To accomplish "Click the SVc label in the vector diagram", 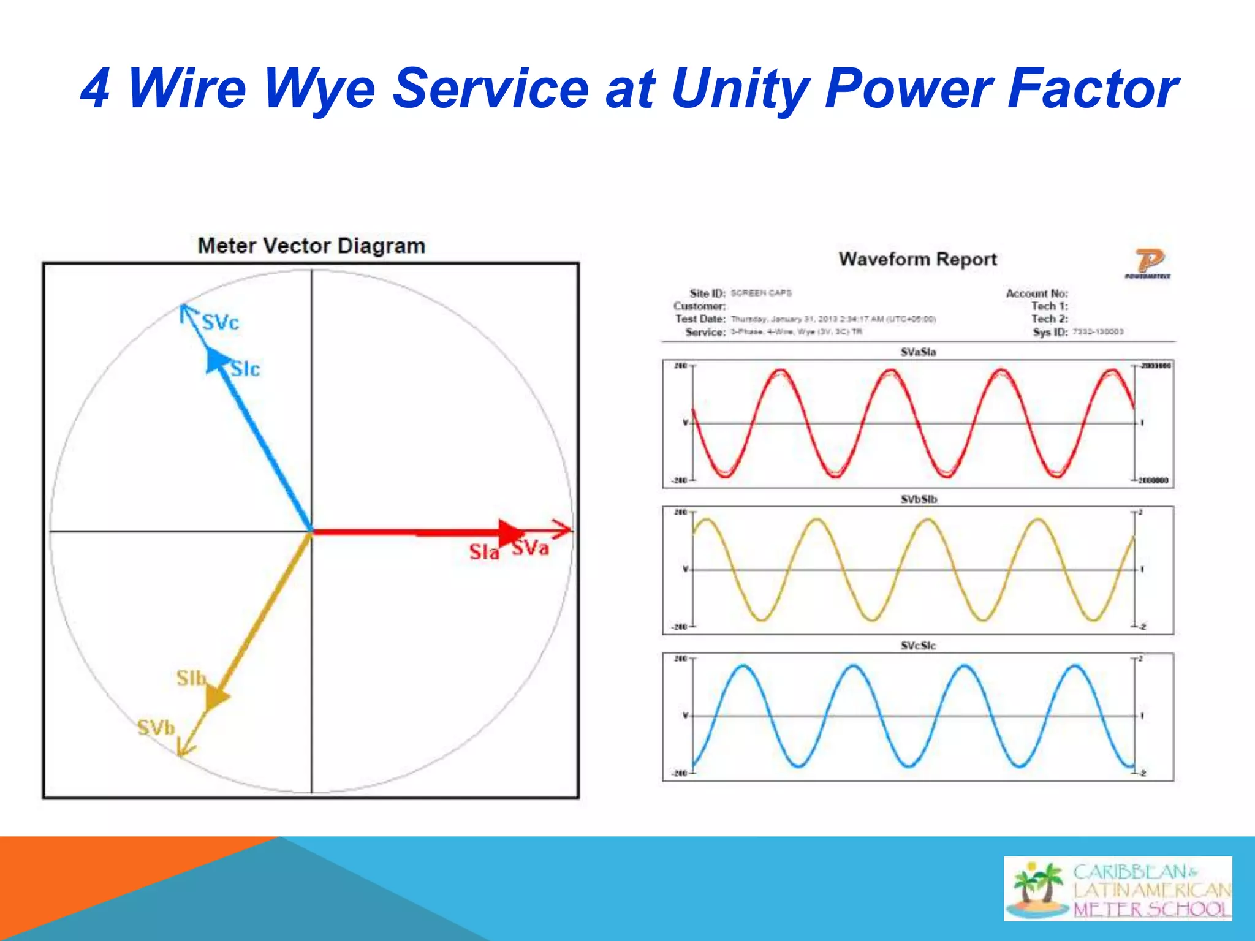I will pos(221,322).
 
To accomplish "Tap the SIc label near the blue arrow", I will pos(246,369).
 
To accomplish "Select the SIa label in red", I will pos(484,552).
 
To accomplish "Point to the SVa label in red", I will pos(531,548).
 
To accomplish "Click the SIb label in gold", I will pos(191,678).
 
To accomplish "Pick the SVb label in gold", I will pos(156,728).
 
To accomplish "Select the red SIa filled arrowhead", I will pos(510,532).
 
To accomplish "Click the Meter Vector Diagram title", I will pos(311,246).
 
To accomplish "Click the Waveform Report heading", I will pos(917,259).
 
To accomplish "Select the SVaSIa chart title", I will pos(918,352).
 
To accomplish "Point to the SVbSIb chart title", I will pos(918,499).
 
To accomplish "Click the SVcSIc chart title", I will pos(918,646).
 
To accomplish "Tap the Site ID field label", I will pos(707,293).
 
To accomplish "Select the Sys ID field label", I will pos(1050,332).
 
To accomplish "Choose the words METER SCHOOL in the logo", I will pos(1151,909).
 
